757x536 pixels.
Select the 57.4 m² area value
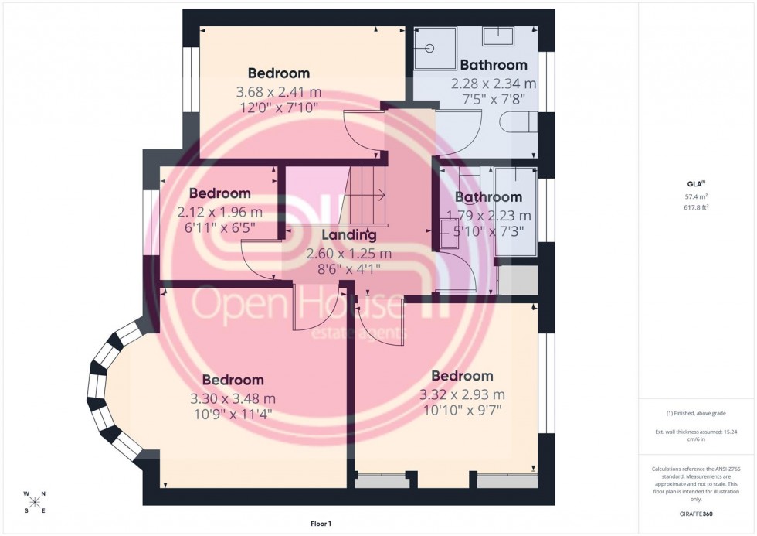click(x=697, y=197)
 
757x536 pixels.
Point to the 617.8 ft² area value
click(x=697, y=207)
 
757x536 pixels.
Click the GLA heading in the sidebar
click(x=696, y=184)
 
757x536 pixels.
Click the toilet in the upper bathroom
click(x=518, y=123)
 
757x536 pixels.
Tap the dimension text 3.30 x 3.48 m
click(x=233, y=399)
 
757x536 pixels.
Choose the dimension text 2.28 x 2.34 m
click(x=494, y=84)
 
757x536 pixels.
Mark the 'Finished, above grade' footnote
click(x=697, y=413)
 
